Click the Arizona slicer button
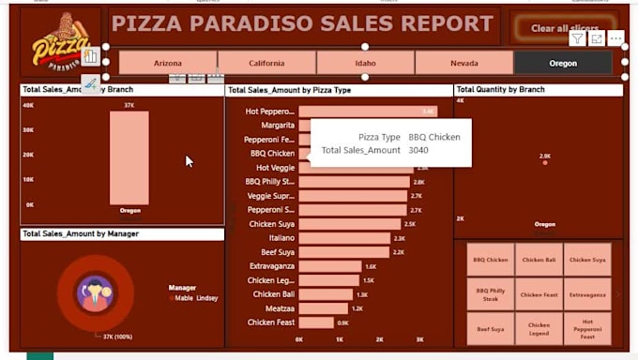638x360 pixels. [x=168, y=63]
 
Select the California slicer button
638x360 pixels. [x=266, y=63]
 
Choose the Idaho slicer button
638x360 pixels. [x=365, y=63]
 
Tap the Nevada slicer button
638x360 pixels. [x=463, y=63]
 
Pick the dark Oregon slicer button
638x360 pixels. [x=563, y=63]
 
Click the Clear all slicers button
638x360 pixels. [x=564, y=28]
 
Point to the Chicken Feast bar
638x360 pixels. [x=316, y=322]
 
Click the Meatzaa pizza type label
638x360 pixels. [x=280, y=308]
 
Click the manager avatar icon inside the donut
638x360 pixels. [x=95, y=293]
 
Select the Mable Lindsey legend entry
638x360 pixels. [x=196, y=298]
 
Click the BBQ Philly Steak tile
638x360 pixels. [x=491, y=294]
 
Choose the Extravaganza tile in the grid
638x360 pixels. [x=588, y=294]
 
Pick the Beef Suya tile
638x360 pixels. [x=491, y=329]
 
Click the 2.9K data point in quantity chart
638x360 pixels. [x=545, y=163]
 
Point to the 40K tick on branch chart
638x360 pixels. [x=28, y=105]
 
